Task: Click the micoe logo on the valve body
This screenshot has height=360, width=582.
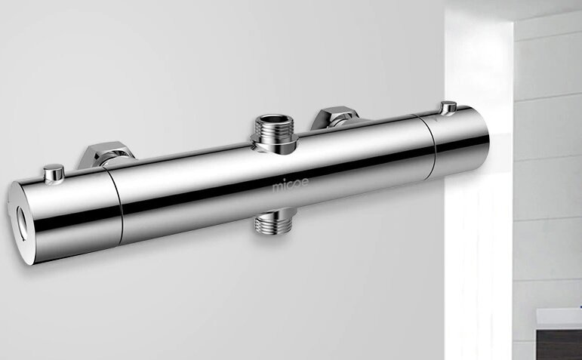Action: click(x=291, y=184)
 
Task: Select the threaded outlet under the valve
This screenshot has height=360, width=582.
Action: click(x=276, y=221)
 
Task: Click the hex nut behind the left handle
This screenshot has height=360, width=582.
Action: click(x=106, y=154)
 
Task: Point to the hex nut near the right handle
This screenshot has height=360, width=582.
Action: click(x=336, y=117)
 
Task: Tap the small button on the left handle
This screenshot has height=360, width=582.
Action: click(x=54, y=174)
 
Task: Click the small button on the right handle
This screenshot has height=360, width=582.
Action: click(x=448, y=108)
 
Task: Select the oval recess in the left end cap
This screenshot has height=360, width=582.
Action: click(x=23, y=223)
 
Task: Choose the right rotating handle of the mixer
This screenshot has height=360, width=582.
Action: click(x=457, y=142)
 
